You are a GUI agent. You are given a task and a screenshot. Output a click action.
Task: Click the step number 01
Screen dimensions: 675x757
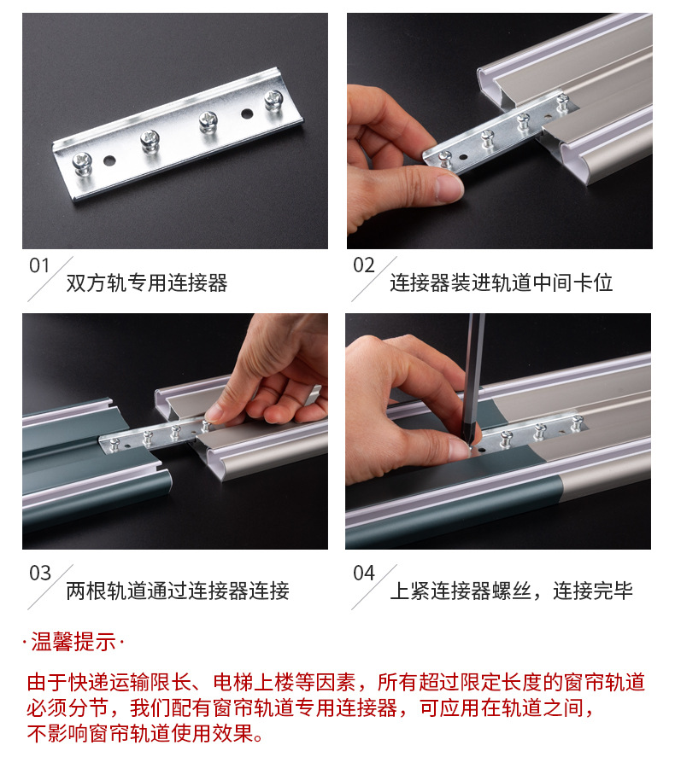click(39, 265)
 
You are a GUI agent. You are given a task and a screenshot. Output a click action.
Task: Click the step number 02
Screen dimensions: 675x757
click(363, 265)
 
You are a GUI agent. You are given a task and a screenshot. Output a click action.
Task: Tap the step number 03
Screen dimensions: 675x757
click(39, 573)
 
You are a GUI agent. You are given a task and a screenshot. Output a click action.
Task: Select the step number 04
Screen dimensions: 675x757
click(364, 573)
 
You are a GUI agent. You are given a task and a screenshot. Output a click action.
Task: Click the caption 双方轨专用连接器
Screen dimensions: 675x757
click(146, 282)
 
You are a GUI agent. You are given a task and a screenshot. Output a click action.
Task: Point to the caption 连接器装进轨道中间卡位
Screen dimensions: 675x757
click(501, 282)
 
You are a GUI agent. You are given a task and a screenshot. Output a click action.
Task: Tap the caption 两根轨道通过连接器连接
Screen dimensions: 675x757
click(178, 591)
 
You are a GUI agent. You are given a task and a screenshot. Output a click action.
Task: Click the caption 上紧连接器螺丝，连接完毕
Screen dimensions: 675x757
click(511, 591)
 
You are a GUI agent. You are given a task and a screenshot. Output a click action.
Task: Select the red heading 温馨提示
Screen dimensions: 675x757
click(73, 642)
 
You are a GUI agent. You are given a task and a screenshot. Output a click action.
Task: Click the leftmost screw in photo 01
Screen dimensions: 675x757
click(83, 163)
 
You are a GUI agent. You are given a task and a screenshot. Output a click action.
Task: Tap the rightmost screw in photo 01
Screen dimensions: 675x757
click(273, 100)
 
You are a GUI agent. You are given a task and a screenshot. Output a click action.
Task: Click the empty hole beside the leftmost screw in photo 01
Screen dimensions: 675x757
click(109, 160)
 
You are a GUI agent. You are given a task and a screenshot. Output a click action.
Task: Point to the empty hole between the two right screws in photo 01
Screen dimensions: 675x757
click(247, 114)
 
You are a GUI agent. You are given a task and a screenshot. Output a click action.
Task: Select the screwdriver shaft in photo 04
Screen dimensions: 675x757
click(473, 376)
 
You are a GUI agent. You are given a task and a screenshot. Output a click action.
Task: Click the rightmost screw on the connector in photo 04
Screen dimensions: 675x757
click(577, 423)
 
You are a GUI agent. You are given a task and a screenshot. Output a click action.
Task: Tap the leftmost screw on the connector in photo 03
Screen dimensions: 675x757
click(114, 444)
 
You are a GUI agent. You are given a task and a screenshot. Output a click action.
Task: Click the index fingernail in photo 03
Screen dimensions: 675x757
click(213, 414)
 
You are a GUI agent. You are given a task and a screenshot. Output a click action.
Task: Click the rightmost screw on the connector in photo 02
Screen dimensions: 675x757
click(562, 102)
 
